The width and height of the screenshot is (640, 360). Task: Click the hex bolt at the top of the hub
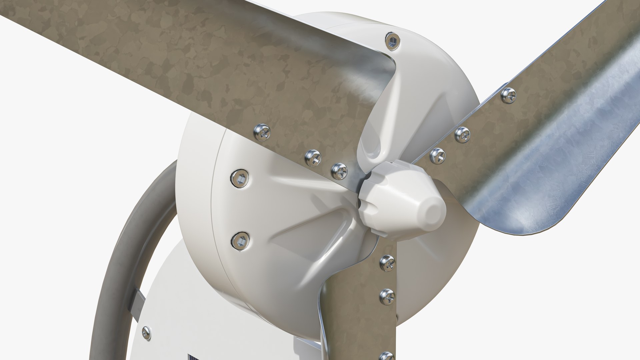pos(393,41)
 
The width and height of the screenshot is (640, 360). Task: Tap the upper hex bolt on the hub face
pos(239,178)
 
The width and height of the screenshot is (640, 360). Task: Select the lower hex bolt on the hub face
pos(240,241)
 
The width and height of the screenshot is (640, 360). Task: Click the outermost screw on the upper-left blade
pos(262,132)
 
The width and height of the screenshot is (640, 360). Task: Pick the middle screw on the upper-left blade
pos(313,158)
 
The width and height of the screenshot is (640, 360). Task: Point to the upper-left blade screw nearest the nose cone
pos(339,171)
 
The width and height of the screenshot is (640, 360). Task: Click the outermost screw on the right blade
pos(509,95)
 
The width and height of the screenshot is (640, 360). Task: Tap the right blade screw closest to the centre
pos(438,156)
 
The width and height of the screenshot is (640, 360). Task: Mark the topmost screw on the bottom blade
pos(387,263)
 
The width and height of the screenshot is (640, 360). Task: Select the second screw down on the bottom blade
pos(387,297)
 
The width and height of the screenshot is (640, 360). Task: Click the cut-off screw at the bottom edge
pos(387,356)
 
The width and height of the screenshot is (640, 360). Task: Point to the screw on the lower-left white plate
pos(146,333)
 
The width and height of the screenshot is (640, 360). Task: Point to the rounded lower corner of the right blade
pos(547,227)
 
